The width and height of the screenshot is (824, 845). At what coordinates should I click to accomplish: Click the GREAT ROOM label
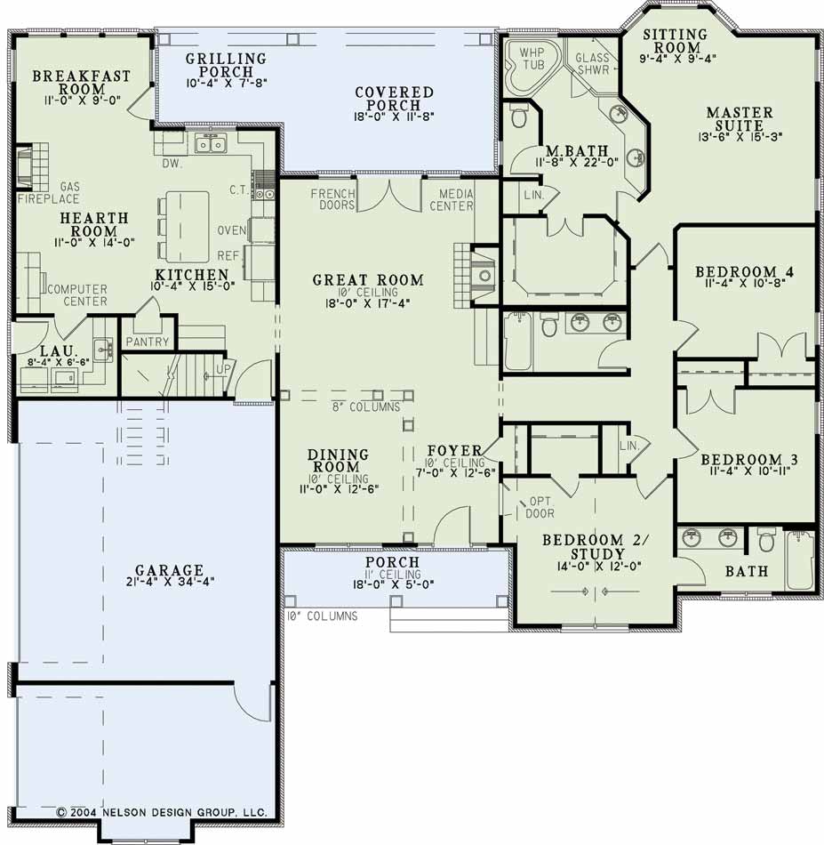pyautogui.click(x=368, y=279)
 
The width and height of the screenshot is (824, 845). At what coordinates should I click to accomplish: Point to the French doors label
pyautogui.click(x=332, y=199)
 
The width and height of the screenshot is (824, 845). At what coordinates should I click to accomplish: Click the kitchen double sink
pyautogui.click(x=212, y=144)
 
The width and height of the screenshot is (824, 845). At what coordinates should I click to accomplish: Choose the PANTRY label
pyautogui.click(x=147, y=342)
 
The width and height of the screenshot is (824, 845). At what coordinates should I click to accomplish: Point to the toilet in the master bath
pyautogui.click(x=518, y=117)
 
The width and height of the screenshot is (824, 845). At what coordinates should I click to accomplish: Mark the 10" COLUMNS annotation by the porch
pyautogui.click(x=322, y=616)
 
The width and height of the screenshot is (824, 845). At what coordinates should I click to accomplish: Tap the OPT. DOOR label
pyautogui.click(x=540, y=507)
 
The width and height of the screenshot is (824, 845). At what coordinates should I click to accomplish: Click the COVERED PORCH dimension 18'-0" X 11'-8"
pyautogui.click(x=395, y=116)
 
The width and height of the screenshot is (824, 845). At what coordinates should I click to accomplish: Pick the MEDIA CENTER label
pyautogui.click(x=452, y=199)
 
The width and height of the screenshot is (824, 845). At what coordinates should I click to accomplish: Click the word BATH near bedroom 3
pyautogui.click(x=747, y=571)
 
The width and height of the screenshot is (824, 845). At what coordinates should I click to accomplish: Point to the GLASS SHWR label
pyautogui.click(x=592, y=63)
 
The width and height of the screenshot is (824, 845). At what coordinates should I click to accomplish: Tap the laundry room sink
pyautogui.click(x=102, y=350)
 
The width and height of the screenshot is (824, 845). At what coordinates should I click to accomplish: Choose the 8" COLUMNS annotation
pyautogui.click(x=366, y=407)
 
